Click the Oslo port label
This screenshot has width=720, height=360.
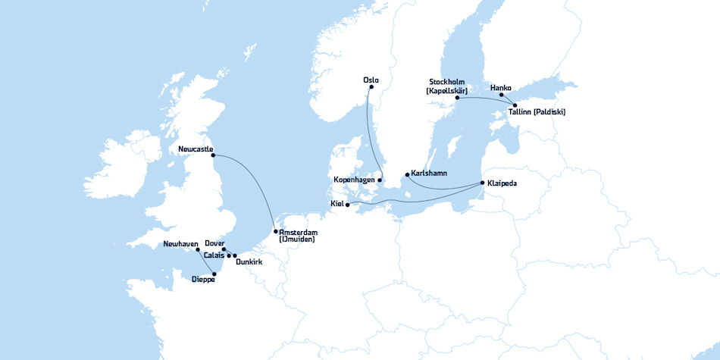coord(371,80)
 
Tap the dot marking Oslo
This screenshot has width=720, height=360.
coord(371,89)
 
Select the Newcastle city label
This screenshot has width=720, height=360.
coord(196,149)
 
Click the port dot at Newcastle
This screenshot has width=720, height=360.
coord(214,156)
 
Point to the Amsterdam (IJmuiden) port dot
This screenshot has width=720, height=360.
coord(275,231)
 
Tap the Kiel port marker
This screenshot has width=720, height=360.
coord(347,204)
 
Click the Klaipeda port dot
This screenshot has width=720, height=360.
coord(482,183)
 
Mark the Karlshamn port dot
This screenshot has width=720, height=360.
coord(408,175)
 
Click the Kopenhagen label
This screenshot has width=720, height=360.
coord(355,180)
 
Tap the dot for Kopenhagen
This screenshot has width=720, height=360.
coord(380,180)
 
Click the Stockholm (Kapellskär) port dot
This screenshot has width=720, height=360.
coord(457,98)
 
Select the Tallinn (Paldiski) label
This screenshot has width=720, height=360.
coord(537,112)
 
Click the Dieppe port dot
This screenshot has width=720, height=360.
coord(214,274)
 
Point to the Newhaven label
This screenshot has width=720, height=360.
coord(180,244)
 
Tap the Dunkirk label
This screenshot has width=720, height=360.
coord(249,262)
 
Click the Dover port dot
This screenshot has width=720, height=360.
coord(224,249)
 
